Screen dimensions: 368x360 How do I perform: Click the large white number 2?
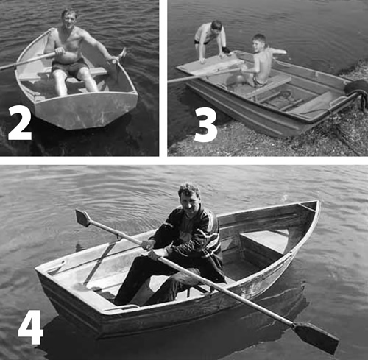click(x=20, y=123)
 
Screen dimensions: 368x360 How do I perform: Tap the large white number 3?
click(x=205, y=125)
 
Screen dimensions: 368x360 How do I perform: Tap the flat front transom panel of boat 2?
click(x=86, y=110)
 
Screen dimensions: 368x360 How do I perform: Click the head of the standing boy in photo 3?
click(x=216, y=27)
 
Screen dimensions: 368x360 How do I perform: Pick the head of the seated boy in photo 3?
click(x=260, y=42)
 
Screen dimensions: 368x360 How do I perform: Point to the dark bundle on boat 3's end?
click(x=357, y=90)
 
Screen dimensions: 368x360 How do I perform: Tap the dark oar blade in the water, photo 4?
click(x=316, y=337)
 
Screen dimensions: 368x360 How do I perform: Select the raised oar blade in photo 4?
click(x=83, y=217)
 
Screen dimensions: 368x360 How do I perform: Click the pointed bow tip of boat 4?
click(x=318, y=202)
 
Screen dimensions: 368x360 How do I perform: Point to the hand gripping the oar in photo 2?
click(x=60, y=51)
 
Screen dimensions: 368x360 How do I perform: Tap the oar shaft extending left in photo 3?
click(x=205, y=75)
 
